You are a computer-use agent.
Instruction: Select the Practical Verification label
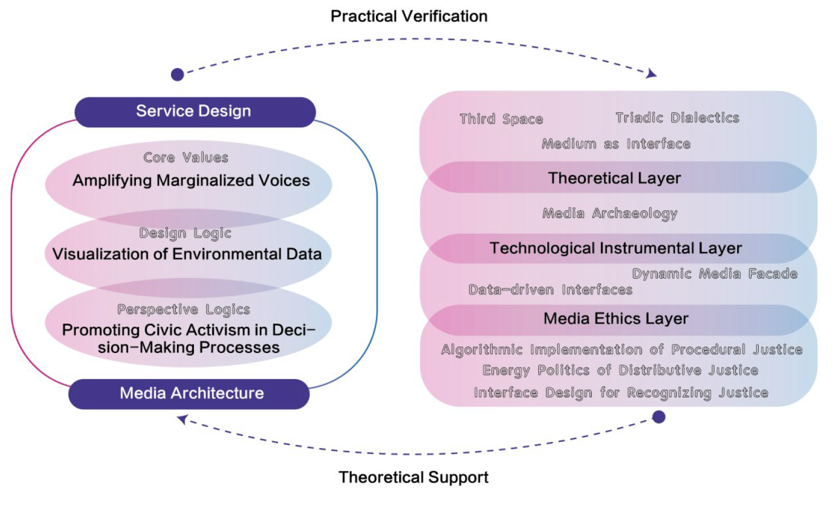(x=409, y=17)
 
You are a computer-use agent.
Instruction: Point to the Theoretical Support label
(x=413, y=477)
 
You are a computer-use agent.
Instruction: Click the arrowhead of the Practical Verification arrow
(x=652, y=74)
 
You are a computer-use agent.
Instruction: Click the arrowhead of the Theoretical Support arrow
(x=182, y=419)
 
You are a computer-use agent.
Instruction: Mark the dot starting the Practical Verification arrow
(x=177, y=74)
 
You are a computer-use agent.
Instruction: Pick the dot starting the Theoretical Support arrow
(x=659, y=417)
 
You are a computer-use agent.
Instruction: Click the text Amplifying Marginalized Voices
(x=191, y=181)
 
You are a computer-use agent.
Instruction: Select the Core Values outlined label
(x=186, y=158)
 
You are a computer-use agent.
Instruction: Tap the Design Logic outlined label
(x=185, y=233)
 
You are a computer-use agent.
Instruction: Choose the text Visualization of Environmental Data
(x=187, y=254)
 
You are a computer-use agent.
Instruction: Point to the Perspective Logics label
(x=183, y=310)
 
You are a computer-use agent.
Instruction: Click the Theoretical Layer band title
(x=614, y=178)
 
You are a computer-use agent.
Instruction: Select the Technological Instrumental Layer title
(x=615, y=248)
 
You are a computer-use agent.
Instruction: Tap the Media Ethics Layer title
(x=616, y=319)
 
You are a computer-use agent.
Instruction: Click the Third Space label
(x=501, y=119)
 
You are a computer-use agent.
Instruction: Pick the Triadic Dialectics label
(x=677, y=118)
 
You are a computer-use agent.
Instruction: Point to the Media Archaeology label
(x=609, y=213)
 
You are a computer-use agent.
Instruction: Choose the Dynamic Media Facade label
(x=714, y=274)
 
